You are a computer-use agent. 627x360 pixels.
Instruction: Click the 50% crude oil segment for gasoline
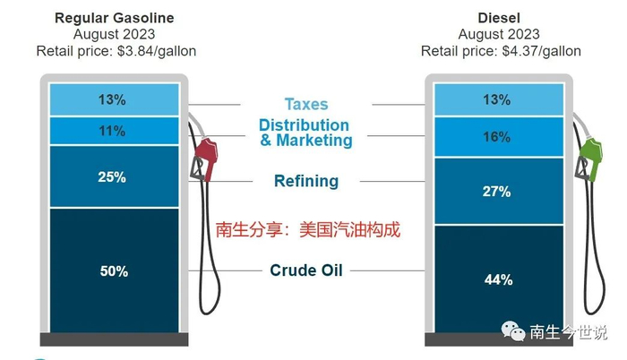pyautogui.click(x=114, y=270)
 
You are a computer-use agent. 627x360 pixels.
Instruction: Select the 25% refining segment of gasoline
pyautogui.click(x=114, y=176)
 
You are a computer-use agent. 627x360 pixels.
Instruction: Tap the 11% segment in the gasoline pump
pyautogui.click(x=114, y=131)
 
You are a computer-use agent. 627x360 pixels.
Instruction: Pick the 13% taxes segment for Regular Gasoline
pyautogui.click(x=114, y=99)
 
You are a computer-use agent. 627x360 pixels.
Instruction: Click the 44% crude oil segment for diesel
pyautogui.click(x=499, y=279)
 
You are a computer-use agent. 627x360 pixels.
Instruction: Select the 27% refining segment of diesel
pyautogui.click(x=499, y=192)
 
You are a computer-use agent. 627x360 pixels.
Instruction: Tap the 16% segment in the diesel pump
pyautogui.click(x=499, y=137)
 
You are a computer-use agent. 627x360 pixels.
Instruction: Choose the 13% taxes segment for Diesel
pyautogui.click(x=499, y=99)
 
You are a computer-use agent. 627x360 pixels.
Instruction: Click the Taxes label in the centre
pyautogui.click(x=306, y=104)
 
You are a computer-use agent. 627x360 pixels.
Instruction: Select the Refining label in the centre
pyautogui.click(x=306, y=181)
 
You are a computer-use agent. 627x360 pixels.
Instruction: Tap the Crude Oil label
pyautogui.click(x=306, y=270)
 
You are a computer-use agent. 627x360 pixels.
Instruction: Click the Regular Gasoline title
pyautogui.click(x=115, y=18)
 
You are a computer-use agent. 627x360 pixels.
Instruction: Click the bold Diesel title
pyautogui.click(x=500, y=18)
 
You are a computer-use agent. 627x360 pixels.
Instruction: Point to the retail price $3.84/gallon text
pyautogui.click(x=116, y=51)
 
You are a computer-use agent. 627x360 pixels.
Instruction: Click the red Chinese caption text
pyautogui.click(x=306, y=228)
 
